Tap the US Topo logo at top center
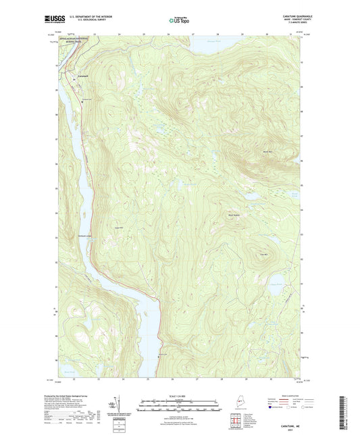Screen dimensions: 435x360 pos(178,21)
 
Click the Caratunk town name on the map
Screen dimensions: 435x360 pos(82,75)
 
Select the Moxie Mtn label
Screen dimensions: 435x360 pos(267,153)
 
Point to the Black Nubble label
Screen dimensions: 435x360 pos(234,215)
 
